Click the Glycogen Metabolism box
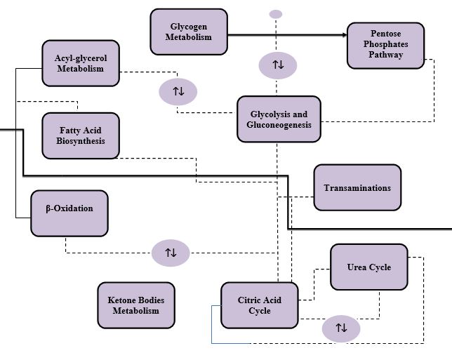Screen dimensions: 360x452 188,32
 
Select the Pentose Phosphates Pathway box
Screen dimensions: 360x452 385,45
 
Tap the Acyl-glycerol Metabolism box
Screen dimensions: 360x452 80,62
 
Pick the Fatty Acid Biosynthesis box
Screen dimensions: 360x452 80,135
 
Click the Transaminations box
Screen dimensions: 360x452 357,187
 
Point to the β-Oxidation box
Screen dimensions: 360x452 69,213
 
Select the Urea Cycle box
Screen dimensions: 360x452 368,267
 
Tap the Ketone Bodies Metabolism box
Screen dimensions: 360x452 136,305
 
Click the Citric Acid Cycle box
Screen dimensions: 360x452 259,305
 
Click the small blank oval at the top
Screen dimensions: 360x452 276,14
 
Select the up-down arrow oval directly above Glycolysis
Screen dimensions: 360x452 278,65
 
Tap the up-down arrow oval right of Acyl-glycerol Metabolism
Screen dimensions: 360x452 178,91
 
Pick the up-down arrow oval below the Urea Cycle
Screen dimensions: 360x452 341,328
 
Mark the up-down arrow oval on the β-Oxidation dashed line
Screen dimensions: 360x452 171,252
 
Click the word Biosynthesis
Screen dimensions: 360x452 80,140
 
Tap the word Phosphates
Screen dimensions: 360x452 385,44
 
